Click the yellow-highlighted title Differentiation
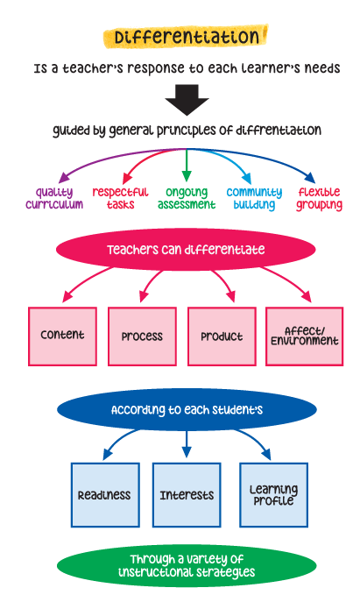tap(186, 37)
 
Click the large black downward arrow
tap(187, 100)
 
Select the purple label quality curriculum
tap(54, 198)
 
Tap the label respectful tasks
tap(120, 198)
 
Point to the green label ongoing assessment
tap(187, 198)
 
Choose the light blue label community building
tap(254, 198)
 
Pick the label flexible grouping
tap(320, 198)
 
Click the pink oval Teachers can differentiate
tap(186, 250)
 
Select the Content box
tap(62, 336)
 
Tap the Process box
tap(143, 336)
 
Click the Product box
tap(222, 336)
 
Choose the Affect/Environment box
tap(304, 336)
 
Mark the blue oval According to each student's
tap(187, 409)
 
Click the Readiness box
tap(105, 495)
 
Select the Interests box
tap(187, 495)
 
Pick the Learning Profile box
tap(273, 495)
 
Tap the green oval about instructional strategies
tap(187, 565)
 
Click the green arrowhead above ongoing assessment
tap(187, 176)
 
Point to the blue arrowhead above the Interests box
tap(187, 452)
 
